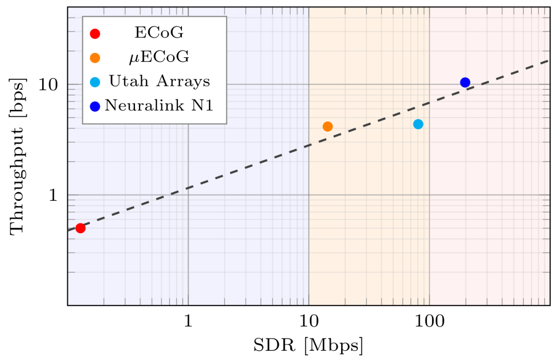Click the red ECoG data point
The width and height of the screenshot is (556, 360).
tap(81, 228)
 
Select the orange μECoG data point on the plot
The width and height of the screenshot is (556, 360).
tap(328, 127)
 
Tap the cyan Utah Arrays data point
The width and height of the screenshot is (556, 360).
tap(418, 124)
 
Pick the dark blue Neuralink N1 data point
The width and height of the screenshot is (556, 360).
tap(465, 83)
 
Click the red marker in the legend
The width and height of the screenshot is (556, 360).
tap(95, 34)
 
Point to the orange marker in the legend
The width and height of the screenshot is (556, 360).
tap(95, 58)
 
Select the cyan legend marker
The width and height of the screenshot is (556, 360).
tap(95, 82)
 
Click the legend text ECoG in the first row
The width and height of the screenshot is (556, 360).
tap(159, 32)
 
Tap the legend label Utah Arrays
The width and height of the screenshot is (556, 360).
tap(159, 81)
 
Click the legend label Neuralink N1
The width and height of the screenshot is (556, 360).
tap(159, 105)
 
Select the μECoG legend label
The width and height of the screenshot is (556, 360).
tap(159, 57)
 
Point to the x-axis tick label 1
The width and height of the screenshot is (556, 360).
tap(188, 321)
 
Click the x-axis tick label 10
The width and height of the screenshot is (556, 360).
tap(309, 321)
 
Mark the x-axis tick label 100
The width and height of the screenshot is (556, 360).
tap(429, 321)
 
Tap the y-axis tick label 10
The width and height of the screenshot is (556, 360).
tap(48, 85)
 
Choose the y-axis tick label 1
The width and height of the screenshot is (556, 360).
tap(53, 195)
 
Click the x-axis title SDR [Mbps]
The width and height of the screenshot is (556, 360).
tap(308, 345)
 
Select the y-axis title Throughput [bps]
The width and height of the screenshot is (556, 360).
tap(17, 156)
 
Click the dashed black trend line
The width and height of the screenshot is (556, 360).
tap(309, 146)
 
